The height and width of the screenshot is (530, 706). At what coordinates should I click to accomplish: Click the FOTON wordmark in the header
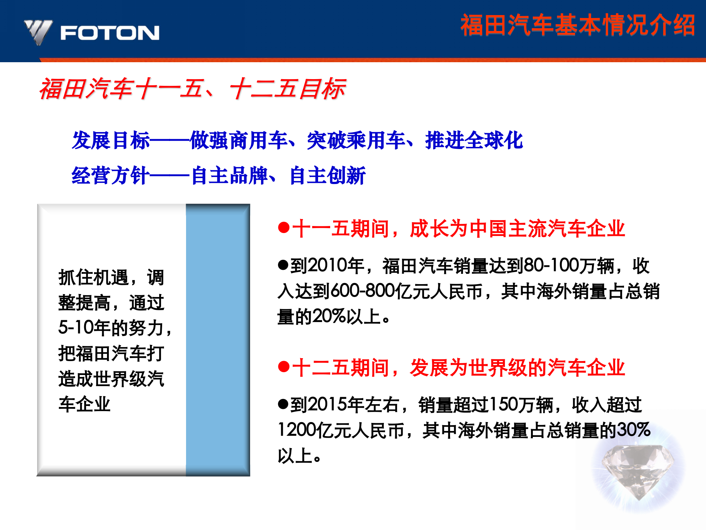tap(110, 33)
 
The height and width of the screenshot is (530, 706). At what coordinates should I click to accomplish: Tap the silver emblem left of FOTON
tap(38, 32)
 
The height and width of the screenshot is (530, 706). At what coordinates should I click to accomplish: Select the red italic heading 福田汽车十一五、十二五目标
tap(192, 89)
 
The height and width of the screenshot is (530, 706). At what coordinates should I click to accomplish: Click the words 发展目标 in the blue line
tap(111, 141)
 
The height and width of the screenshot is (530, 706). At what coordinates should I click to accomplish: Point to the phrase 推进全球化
tap(474, 141)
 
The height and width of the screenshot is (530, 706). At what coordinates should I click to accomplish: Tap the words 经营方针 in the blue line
tap(111, 176)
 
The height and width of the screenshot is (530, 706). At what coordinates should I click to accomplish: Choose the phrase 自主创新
tap(327, 176)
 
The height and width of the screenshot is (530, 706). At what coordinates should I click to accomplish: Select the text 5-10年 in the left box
tap(84, 328)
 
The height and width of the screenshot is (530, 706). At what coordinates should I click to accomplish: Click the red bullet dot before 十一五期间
tap(284, 228)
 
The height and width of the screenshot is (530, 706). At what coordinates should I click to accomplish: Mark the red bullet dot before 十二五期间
tap(284, 367)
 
